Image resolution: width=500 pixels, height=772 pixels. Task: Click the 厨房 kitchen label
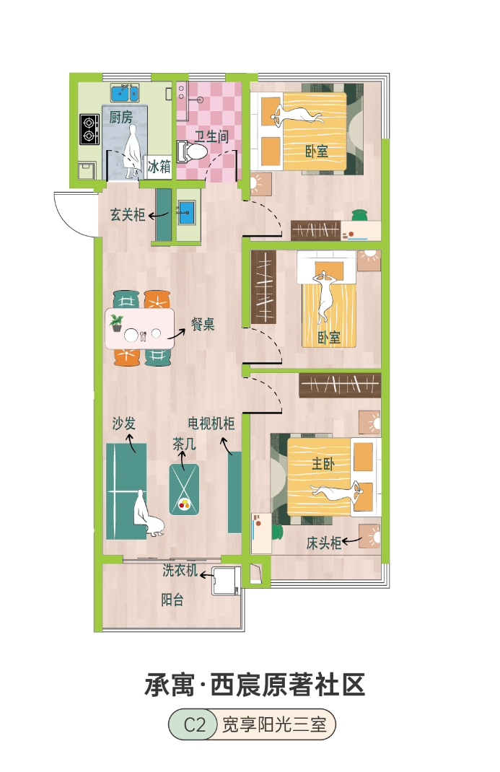pyautogui.click(x=120, y=117)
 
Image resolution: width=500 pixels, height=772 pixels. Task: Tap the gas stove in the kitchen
pyautogui.click(x=89, y=129)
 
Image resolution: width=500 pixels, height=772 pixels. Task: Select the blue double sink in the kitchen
pyautogui.click(x=125, y=92)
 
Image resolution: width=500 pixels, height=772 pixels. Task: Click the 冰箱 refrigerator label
pyautogui.click(x=159, y=167)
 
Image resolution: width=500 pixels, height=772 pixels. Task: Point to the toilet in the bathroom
pyautogui.click(x=192, y=151)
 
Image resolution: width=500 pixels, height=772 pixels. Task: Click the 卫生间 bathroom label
pyautogui.click(x=211, y=136)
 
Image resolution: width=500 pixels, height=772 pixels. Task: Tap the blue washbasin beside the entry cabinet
pyautogui.click(x=187, y=212)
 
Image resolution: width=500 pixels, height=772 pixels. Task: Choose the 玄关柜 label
pyautogui.click(x=128, y=215)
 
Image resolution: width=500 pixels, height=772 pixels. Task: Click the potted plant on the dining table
pyautogui.click(x=117, y=323)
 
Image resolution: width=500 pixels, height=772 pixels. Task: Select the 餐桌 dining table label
pyautogui.click(x=203, y=324)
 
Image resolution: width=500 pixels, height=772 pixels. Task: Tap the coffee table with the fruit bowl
pyautogui.click(x=184, y=489)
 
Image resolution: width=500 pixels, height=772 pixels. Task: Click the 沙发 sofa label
pyautogui.click(x=123, y=424)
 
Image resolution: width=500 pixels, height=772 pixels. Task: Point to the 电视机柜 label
pyautogui.click(x=211, y=424)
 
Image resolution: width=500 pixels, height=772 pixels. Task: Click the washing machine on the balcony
pyautogui.click(x=227, y=581)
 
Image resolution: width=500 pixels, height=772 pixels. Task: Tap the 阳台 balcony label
pyautogui.click(x=172, y=600)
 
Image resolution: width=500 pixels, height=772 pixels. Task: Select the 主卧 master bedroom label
pyautogui.click(x=323, y=463)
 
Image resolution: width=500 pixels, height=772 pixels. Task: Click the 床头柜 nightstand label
pyautogui.click(x=324, y=543)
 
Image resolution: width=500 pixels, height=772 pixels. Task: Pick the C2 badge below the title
pyautogui.click(x=193, y=724)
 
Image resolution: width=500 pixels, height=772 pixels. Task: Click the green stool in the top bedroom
pyautogui.click(x=360, y=215)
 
